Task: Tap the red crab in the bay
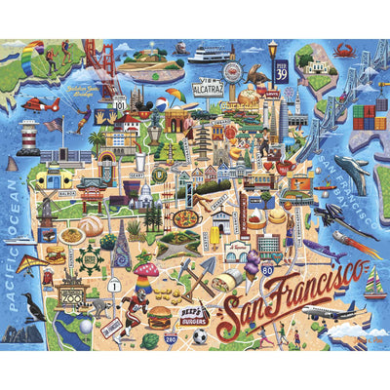click(343, 50)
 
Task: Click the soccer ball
click(199, 336)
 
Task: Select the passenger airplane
click(326, 312)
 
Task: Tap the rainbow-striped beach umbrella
click(174, 96)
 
